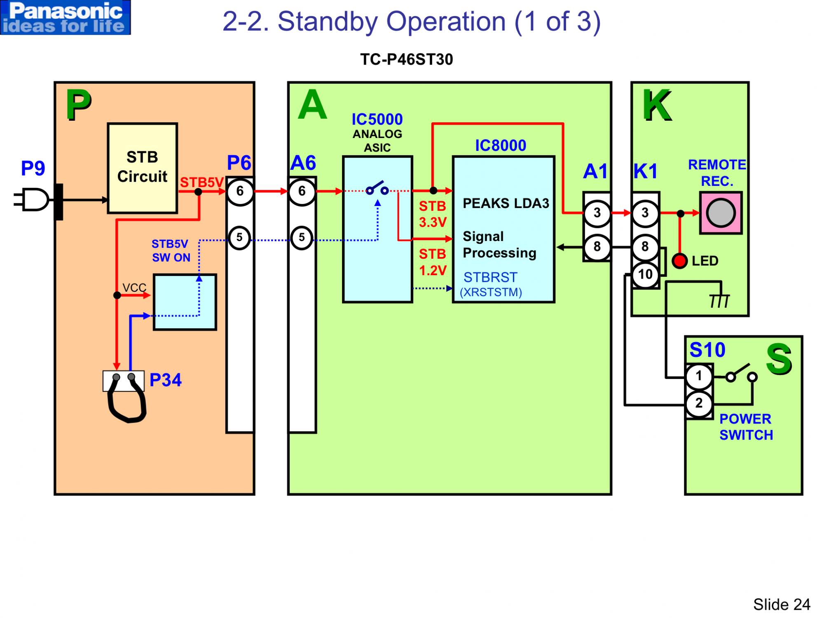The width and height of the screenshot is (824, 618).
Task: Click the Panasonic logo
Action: point(66,17)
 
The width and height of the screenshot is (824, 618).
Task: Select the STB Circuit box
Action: point(142,168)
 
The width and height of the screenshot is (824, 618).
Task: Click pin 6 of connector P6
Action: point(239,191)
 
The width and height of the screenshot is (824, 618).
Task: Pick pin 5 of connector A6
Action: point(302,238)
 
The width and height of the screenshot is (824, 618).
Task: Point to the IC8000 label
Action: point(500,145)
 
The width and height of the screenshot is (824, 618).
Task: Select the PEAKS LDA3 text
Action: point(506,203)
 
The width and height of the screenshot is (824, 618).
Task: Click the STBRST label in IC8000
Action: point(490,277)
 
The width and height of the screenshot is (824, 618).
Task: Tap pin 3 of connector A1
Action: point(597,213)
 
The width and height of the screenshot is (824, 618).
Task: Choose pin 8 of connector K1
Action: point(645,247)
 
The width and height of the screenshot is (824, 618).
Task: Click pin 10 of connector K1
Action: point(645,274)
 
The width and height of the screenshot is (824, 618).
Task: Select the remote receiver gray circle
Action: point(721,213)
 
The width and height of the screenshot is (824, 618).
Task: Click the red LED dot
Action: point(679,261)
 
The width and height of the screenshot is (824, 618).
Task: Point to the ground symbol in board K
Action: point(719,301)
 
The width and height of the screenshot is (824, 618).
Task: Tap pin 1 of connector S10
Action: point(698,376)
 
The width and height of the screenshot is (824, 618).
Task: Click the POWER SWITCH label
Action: point(746,427)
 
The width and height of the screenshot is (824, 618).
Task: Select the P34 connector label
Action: point(165,380)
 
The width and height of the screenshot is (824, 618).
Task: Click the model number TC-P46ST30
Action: point(406,60)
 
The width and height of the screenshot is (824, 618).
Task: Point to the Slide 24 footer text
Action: point(781,604)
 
